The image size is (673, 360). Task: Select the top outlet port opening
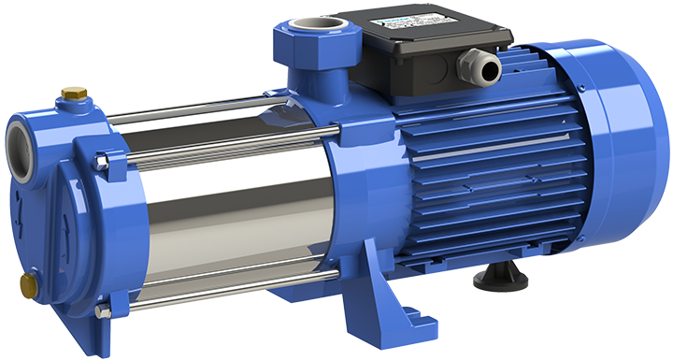tap(308, 25)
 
